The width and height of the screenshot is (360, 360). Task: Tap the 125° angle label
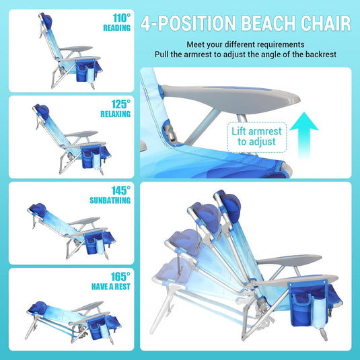(x=121, y=104)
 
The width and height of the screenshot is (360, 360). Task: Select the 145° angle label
(x=120, y=191)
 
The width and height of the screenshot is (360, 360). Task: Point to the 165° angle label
(x=120, y=277)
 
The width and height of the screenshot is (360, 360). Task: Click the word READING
(x=117, y=28)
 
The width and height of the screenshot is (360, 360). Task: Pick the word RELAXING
(x=116, y=114)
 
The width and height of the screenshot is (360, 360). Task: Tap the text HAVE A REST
(x=110, y=287)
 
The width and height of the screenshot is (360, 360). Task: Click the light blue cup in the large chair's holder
(x=314, y=312)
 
